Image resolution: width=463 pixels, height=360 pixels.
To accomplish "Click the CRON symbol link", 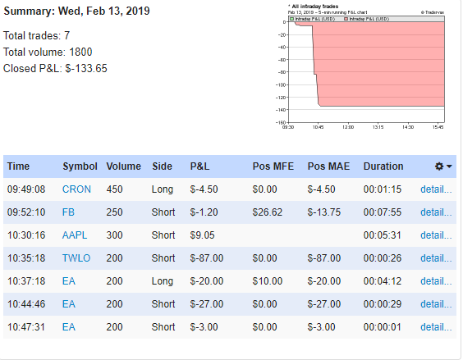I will pyautogui.click(x=76, y=189).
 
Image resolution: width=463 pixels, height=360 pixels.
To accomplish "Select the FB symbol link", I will pyautogui.click(x=69, y=212).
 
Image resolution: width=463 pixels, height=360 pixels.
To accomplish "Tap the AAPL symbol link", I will pyautogui.click(x=76, y=235).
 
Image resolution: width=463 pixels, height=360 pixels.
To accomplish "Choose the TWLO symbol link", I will pyautogui.click(x=76, y=257).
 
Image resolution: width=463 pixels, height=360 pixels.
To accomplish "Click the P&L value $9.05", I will pyautogui.click(x=203, y=235).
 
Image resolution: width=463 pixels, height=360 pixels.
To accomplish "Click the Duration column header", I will pyautogui.click(x=383, y=166).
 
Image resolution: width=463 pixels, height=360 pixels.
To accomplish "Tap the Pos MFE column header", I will pyautogui.click(x=272, y=166).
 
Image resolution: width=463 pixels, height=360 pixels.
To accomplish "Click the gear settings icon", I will pyautogui.click(x=440, y=166).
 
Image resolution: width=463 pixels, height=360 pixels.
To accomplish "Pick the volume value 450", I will pyautogui.click(x=116, y=189).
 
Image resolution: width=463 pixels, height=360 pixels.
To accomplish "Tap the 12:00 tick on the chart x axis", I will pyautogui.click(x=347, y=127).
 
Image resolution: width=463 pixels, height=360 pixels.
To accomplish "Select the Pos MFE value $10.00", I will pyautogui.click(x=264, y=280).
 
